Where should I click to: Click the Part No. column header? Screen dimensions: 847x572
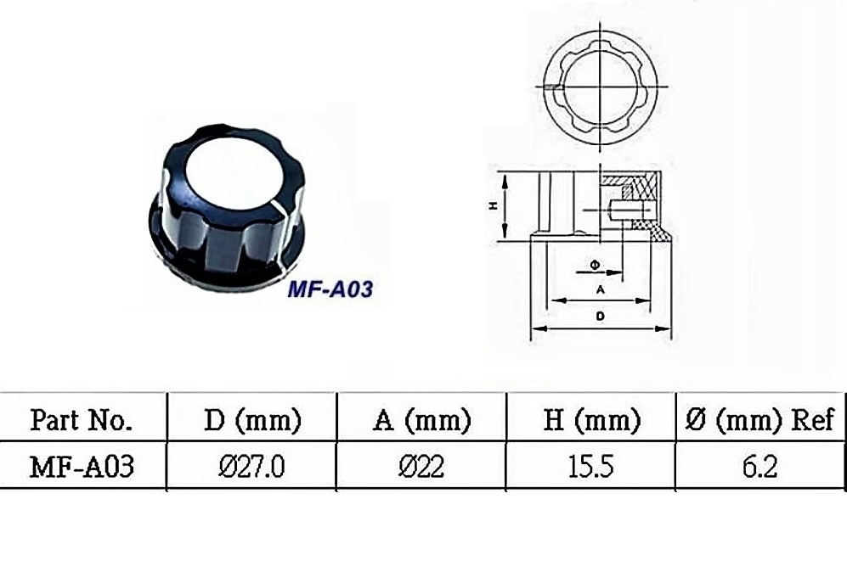(x=81, y=420)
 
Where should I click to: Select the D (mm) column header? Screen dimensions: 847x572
(x=252, y=420)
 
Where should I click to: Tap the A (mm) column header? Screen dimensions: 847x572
(x=422, y=420)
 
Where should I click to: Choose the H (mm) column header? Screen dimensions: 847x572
(x=591, y=420)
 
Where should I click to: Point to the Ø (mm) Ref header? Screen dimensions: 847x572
(x=760, y=420)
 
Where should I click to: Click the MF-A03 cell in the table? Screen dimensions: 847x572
(x=82, y=467)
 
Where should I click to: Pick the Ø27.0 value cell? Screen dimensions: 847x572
(x=251, y=467)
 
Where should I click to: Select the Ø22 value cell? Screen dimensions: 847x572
(x=421, y=467)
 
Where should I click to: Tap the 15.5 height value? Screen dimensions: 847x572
(x=591, y=467)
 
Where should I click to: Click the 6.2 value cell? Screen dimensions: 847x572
(x=760, y=467)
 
